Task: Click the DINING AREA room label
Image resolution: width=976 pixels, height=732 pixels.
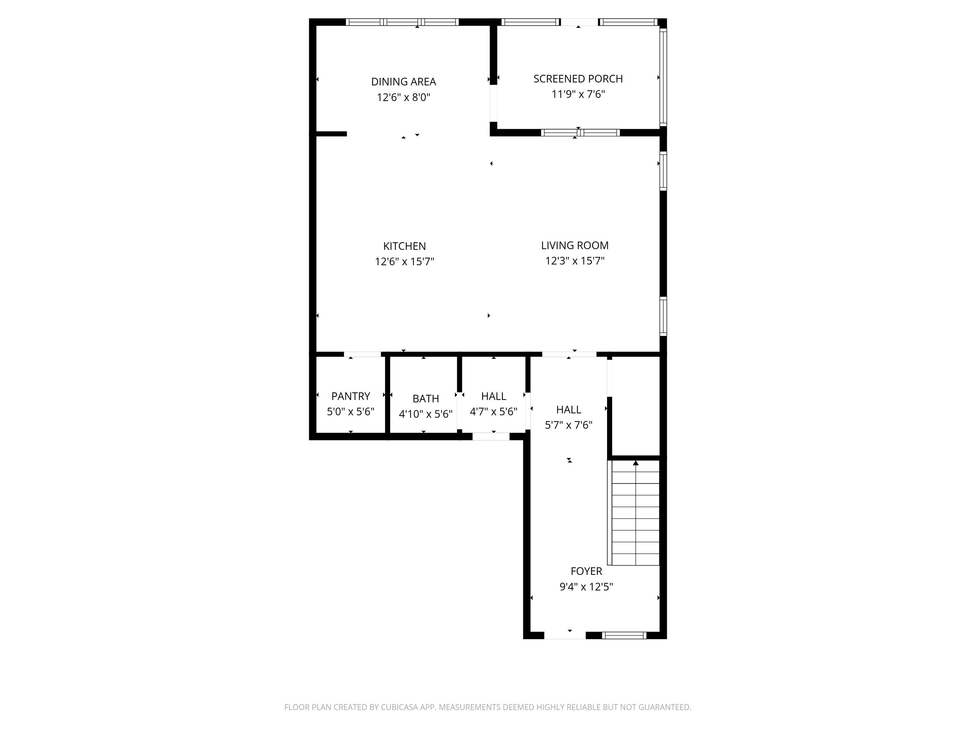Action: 403,82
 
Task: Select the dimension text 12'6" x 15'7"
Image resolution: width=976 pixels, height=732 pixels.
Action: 404,262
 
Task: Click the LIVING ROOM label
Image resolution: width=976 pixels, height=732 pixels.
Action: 575,245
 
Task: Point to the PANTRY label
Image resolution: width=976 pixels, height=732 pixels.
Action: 350,396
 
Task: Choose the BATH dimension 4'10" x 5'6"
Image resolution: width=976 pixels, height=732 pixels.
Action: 425,414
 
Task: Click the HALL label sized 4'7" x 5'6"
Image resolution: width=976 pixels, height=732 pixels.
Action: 493,396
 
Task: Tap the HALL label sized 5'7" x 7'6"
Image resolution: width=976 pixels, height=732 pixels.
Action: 568,410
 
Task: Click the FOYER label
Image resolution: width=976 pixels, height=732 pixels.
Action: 586,571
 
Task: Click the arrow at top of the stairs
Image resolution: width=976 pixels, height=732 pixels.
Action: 635,463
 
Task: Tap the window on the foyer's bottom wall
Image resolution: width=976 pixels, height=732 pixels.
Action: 624,635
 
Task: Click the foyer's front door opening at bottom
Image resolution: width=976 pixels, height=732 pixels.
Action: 565,635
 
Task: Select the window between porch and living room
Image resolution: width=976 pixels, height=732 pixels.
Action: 580,132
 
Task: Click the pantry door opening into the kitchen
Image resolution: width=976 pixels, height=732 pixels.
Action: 362,354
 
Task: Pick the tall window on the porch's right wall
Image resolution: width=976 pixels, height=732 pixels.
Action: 663,77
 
